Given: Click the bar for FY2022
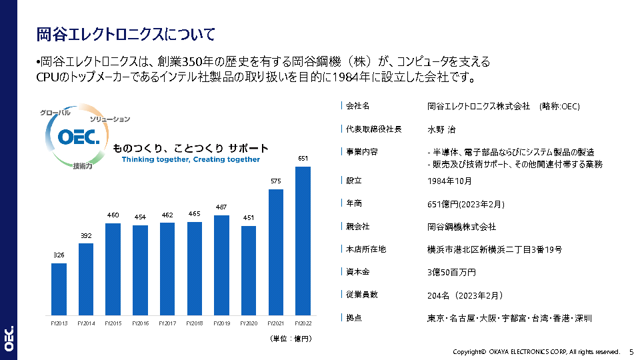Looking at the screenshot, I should (303, 241).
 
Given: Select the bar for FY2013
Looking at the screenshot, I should (59, 289).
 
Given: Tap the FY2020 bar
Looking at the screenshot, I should (249, 270).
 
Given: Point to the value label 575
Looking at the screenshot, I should (276, 181).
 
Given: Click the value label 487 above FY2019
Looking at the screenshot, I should (221, 207).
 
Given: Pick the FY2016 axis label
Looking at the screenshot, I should (140, 324).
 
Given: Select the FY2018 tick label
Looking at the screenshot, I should (194, 324).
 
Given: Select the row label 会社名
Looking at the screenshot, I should (358, 106).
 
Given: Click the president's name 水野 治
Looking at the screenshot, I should (442, 129).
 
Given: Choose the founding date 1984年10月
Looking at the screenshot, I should (449, 181).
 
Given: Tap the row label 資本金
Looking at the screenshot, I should (358, 272).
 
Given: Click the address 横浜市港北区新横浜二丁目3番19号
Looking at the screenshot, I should (494, 249).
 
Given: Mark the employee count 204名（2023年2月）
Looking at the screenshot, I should (465, 295).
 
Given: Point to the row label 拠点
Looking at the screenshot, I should (354, 318).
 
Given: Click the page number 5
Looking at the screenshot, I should (632, 351).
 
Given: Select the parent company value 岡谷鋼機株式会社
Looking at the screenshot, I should (461, 227).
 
